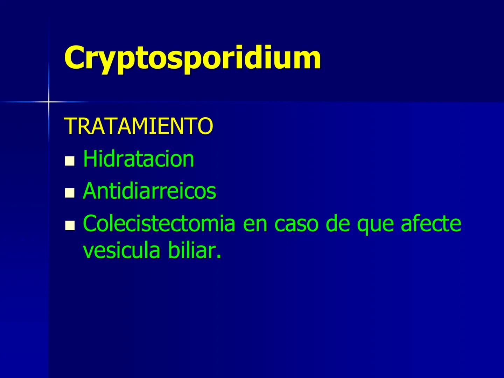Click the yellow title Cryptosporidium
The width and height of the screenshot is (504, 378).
(x=192, y=58)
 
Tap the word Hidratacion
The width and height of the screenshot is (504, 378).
(x=138, y=159)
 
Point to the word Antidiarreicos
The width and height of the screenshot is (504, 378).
(x=149, y=191)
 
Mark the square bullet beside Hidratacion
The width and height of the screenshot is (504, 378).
(x=70, y=161)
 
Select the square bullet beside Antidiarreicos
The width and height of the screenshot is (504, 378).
(x=70, y=193)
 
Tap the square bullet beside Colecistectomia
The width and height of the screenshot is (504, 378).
(x=70, y=225)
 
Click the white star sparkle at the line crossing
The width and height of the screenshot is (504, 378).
(x=49, y=102)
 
